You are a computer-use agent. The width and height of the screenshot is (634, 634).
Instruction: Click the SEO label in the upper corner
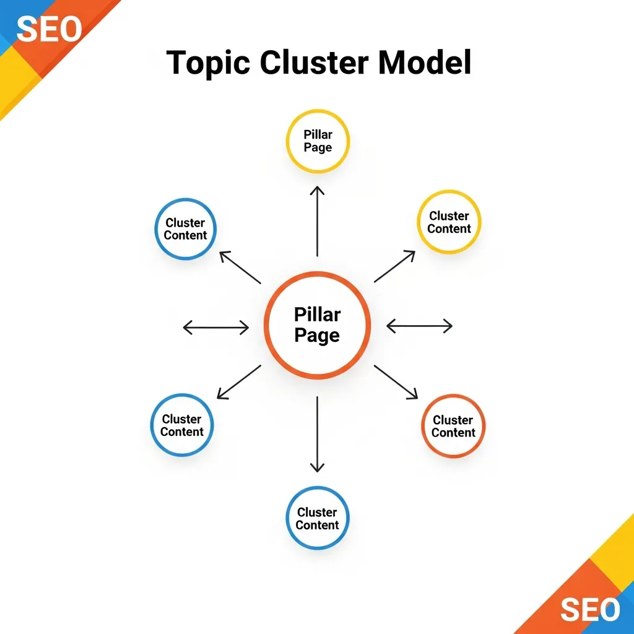(x=48, y=28)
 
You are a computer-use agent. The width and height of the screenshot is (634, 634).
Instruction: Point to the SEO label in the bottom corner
(x=589, y=610)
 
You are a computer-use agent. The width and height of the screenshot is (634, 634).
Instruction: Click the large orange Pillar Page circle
(x=317, y=325)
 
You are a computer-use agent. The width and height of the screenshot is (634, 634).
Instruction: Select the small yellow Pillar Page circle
(x=318, y=141)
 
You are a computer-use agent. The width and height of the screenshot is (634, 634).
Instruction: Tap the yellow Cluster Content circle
(x=449, y=222)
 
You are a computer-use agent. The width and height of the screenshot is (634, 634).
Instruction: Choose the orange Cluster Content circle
(x=453, y=426)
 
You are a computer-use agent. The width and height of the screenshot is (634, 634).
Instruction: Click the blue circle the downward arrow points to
(x=317, y=518)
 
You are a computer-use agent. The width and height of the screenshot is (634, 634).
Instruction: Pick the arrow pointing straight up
(x=317, y=220)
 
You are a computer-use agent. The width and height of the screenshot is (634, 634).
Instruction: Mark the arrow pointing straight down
(x=317, y=434)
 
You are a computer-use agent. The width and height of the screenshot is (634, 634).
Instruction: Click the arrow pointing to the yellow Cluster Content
(x=395, y=266)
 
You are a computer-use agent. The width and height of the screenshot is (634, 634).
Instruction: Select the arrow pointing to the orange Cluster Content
(x=396, y=381)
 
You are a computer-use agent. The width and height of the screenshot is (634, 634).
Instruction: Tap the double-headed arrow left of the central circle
(x=216, y=327)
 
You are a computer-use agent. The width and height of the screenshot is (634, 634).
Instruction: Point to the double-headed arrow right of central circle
(x=419, y=326)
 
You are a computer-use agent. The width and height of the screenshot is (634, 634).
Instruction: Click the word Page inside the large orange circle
(x=317, y=336)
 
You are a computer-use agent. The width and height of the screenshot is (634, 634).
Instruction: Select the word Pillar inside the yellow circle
(x=318, y=134)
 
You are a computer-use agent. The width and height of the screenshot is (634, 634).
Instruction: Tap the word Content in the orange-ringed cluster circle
(x=454, y=433)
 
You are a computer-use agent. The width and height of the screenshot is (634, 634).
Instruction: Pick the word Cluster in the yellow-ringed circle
(x=449, y=215)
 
